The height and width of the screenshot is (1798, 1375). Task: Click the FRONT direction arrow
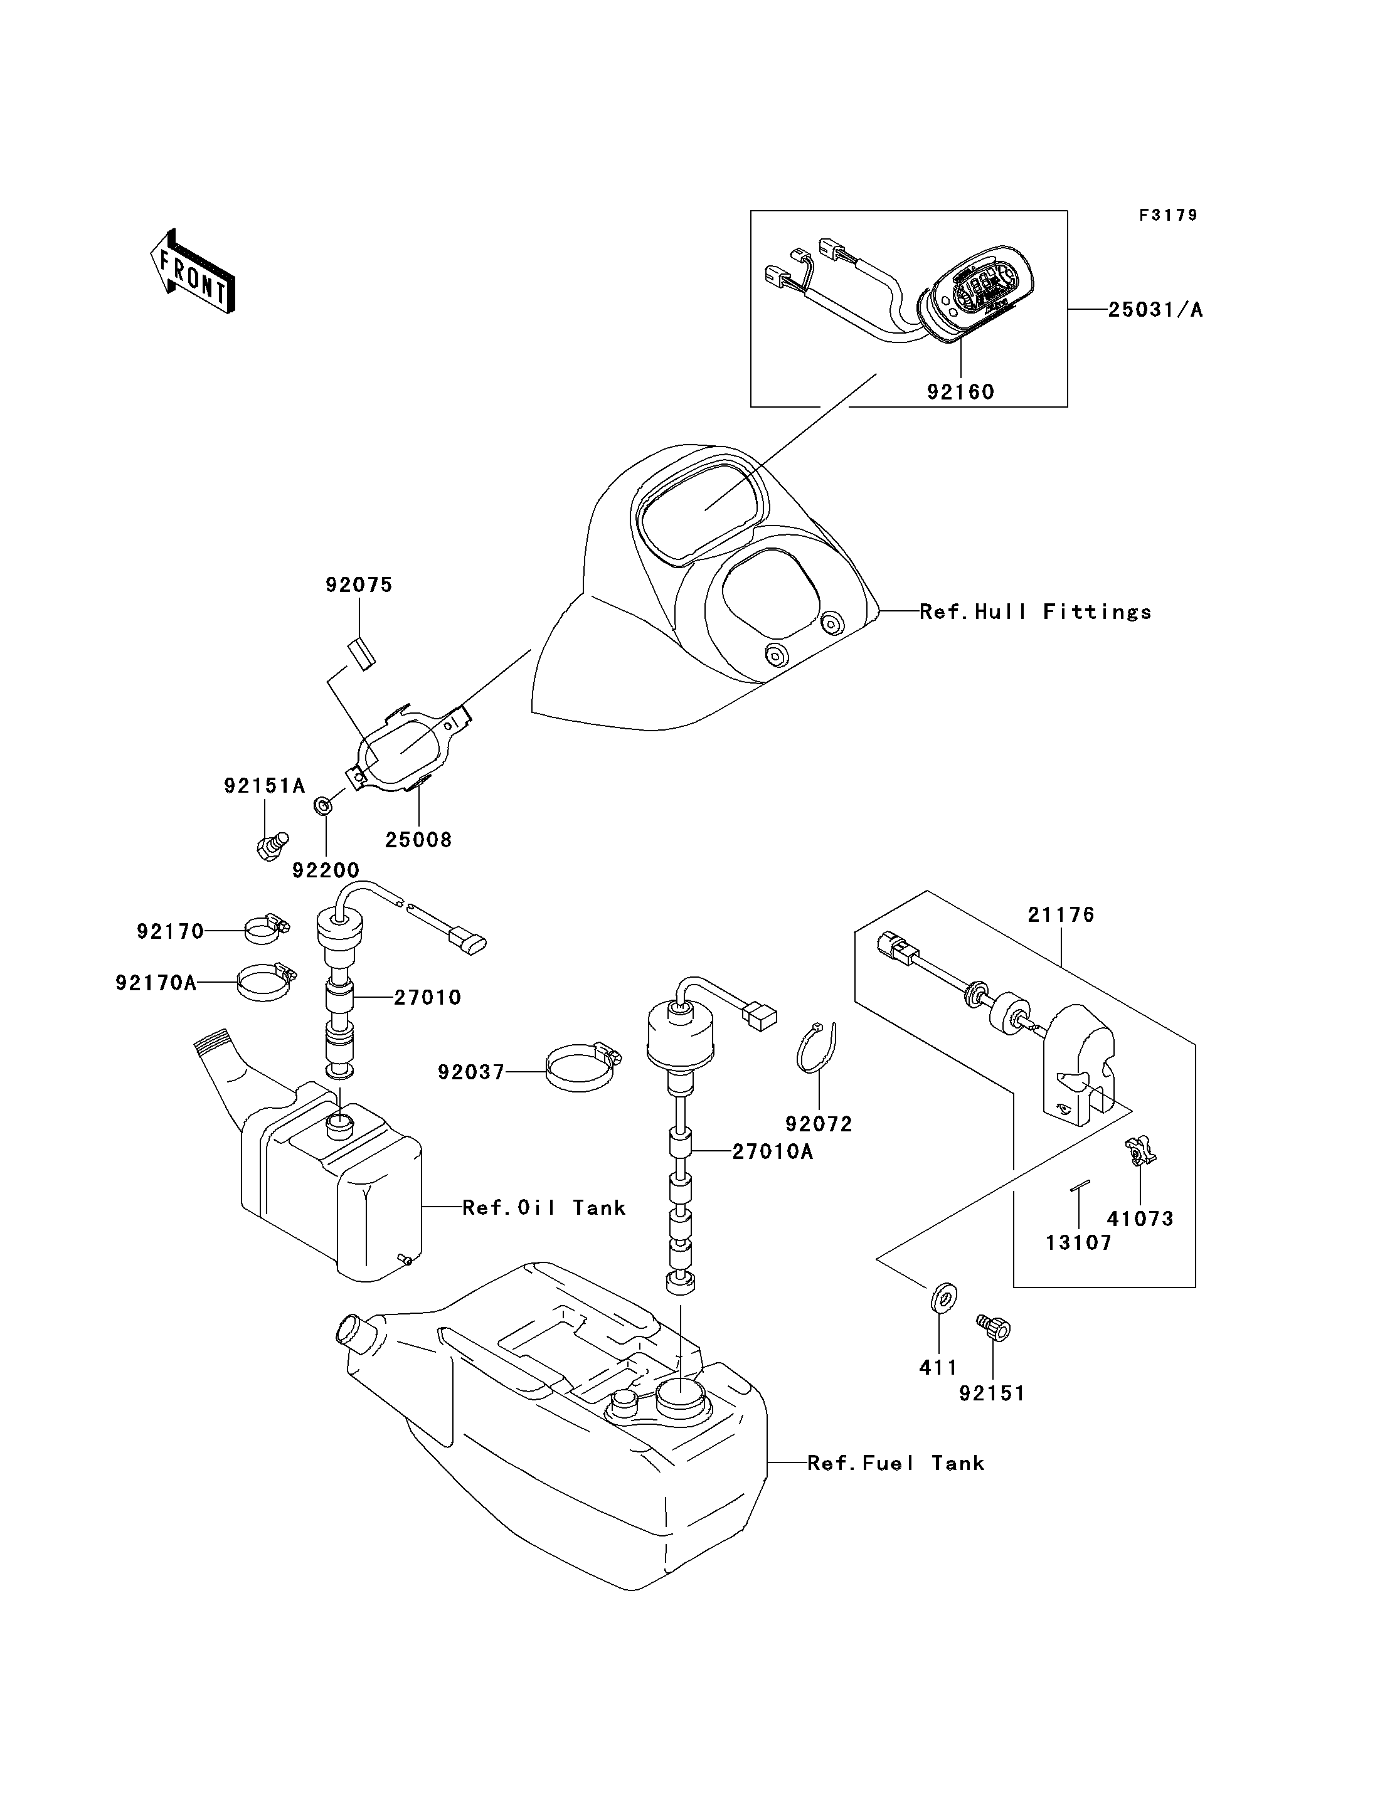[x=193, y=271]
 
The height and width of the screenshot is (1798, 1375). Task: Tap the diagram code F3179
[x=1168, y=215]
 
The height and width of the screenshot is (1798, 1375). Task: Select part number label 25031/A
[x=1155, y=310]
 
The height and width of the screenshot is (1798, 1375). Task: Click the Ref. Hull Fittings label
[x=1036, y=612]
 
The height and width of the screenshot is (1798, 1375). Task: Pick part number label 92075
[x=359, y=585]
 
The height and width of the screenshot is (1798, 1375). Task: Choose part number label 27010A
[x=773, y=1152]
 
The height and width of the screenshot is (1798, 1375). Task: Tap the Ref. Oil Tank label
[x=544, y=1208]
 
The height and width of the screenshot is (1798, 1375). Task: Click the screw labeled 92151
[x=994, y=1328]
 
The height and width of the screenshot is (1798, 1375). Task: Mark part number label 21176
[x=1061, y=915]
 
